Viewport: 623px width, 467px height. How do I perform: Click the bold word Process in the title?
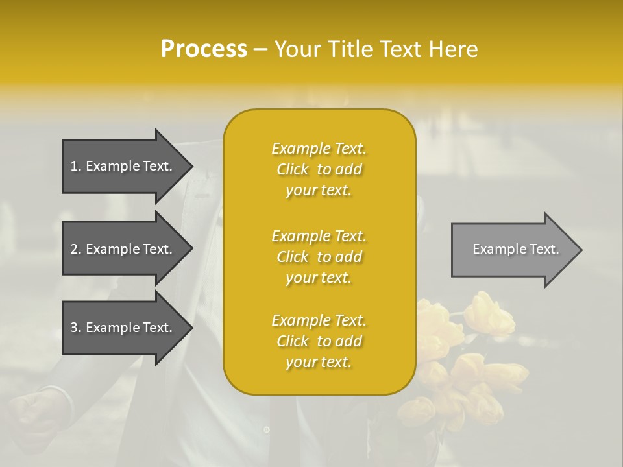[x=204, y=49]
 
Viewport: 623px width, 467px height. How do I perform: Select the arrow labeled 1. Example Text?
[x=123, y=166]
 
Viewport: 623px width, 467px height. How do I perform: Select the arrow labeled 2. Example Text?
[x=123, y=249]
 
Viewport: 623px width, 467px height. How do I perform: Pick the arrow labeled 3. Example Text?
[x=123, y=328]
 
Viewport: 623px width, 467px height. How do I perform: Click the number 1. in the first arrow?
[x=76, y=166]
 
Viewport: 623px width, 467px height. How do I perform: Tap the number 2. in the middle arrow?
[x=76, y=249]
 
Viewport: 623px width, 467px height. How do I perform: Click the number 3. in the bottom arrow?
[x=76, y=328]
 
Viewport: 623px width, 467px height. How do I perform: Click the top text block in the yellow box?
[x=319, y=169]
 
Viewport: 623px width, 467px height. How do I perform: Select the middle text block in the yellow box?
[x=319, y=257]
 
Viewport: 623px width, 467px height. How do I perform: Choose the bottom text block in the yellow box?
[x=319, y=341]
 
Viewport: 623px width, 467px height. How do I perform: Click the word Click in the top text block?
[x=293, y=169]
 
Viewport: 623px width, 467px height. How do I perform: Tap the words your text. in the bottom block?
[x=319, y=362]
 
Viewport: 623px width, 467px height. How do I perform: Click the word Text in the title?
[x=401, y=49]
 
